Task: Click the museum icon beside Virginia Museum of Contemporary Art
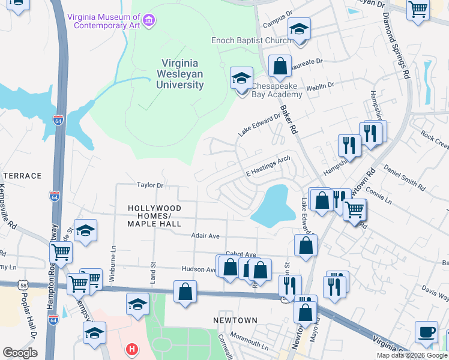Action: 149,22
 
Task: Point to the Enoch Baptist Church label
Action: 251,41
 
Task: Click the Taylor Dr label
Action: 150,185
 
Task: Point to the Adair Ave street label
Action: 205,236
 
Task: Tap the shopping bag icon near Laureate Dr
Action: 280,67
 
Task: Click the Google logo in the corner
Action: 20,353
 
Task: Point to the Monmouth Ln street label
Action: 249,345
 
